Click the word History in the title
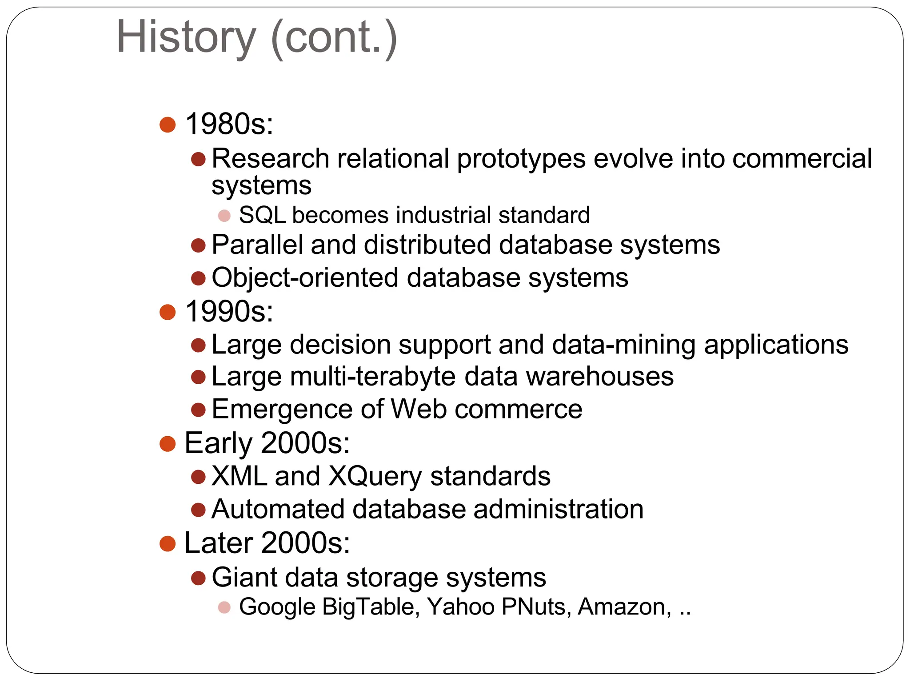click(186, 37)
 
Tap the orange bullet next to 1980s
click(168, 125)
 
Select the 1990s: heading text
click(229, 311)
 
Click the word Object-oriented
click(305, 278)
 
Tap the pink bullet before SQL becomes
click(224, 216)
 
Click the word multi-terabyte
click(373, 377)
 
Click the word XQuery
click(375, 476)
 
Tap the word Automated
click(278, 509)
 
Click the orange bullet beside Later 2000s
click(168, 543)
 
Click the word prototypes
click(521, 159)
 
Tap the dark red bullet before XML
click(198, 477)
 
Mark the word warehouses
click(600, 377)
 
